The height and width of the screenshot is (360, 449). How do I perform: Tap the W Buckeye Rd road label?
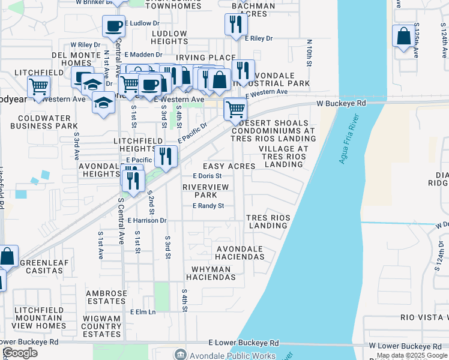point(342,104)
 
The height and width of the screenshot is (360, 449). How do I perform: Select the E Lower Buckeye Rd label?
point(244,343)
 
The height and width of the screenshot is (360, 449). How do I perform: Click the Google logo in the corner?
point(20,353)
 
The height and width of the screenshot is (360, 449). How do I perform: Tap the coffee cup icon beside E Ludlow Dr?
point(113,26)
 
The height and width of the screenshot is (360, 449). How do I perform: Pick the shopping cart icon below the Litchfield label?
point(38,87)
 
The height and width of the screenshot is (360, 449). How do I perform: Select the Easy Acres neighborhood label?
point(229,166)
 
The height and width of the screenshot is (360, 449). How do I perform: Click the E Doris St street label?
point(207,176)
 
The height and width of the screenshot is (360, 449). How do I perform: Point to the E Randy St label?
point(208,206)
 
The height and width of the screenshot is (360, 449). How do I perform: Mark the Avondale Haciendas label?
point(240,253)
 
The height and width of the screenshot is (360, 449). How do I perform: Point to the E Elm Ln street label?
point(143,312)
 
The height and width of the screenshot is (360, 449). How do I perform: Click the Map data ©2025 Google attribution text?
point(412,355)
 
